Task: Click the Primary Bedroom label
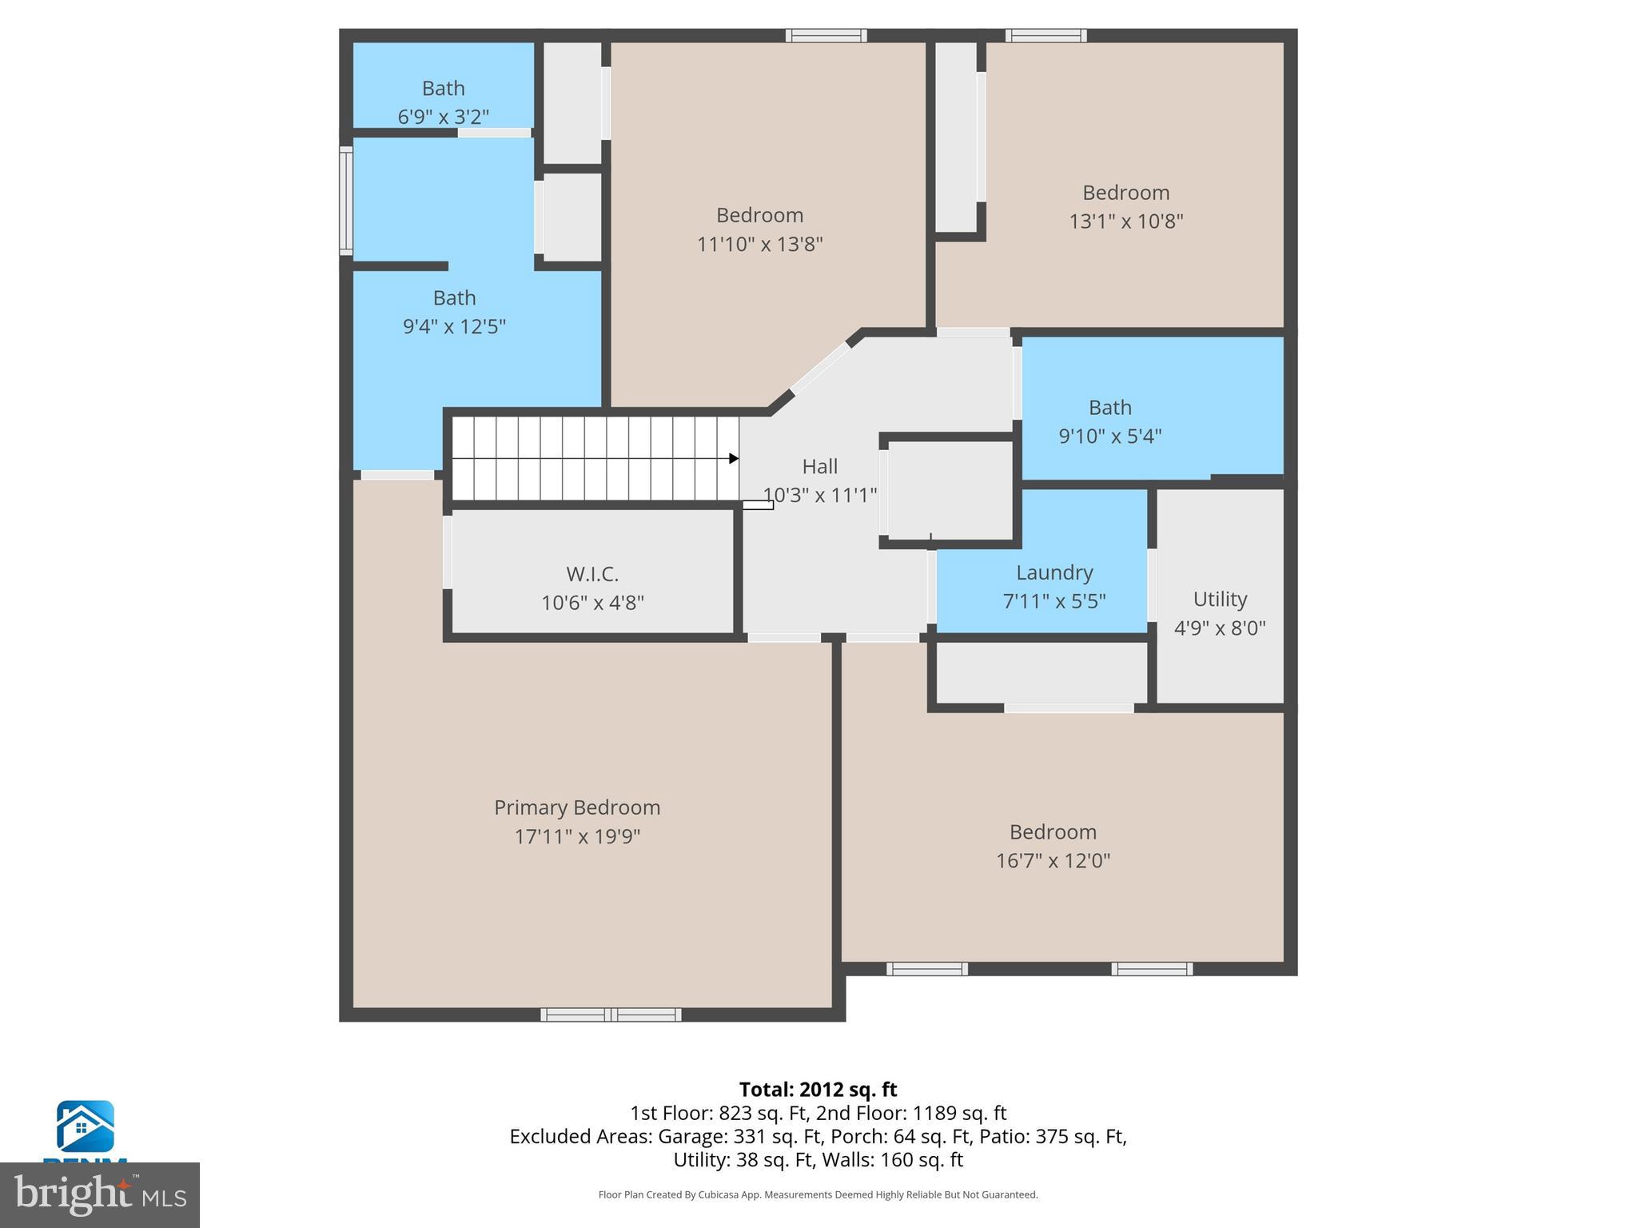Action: tap(576, 807)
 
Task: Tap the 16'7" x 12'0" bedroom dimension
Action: tap(1052, 861)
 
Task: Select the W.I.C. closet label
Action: tap(592, 574)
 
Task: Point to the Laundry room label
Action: tap(1053, 572)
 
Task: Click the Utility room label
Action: tap(1219, 599)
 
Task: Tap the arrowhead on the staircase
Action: tap(733, 459)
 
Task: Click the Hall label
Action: tap(819, 466)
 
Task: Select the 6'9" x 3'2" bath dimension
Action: tap(443, 117)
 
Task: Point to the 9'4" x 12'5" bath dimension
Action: tap(454, 326)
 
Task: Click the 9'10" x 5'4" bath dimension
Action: tap(1109, 436)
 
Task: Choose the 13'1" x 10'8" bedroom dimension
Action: tap(1125, 221)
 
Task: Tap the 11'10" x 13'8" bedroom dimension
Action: tap(759, 244)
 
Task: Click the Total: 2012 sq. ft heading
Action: tap(818, 1090)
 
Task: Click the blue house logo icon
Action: tap(85, 1126)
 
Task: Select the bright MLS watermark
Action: tap(99, 1194)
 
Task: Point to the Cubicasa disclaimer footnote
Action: tap(818, 1194)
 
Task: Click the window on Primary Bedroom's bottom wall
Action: tap(611, 1015)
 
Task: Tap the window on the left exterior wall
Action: tap(346, 201)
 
